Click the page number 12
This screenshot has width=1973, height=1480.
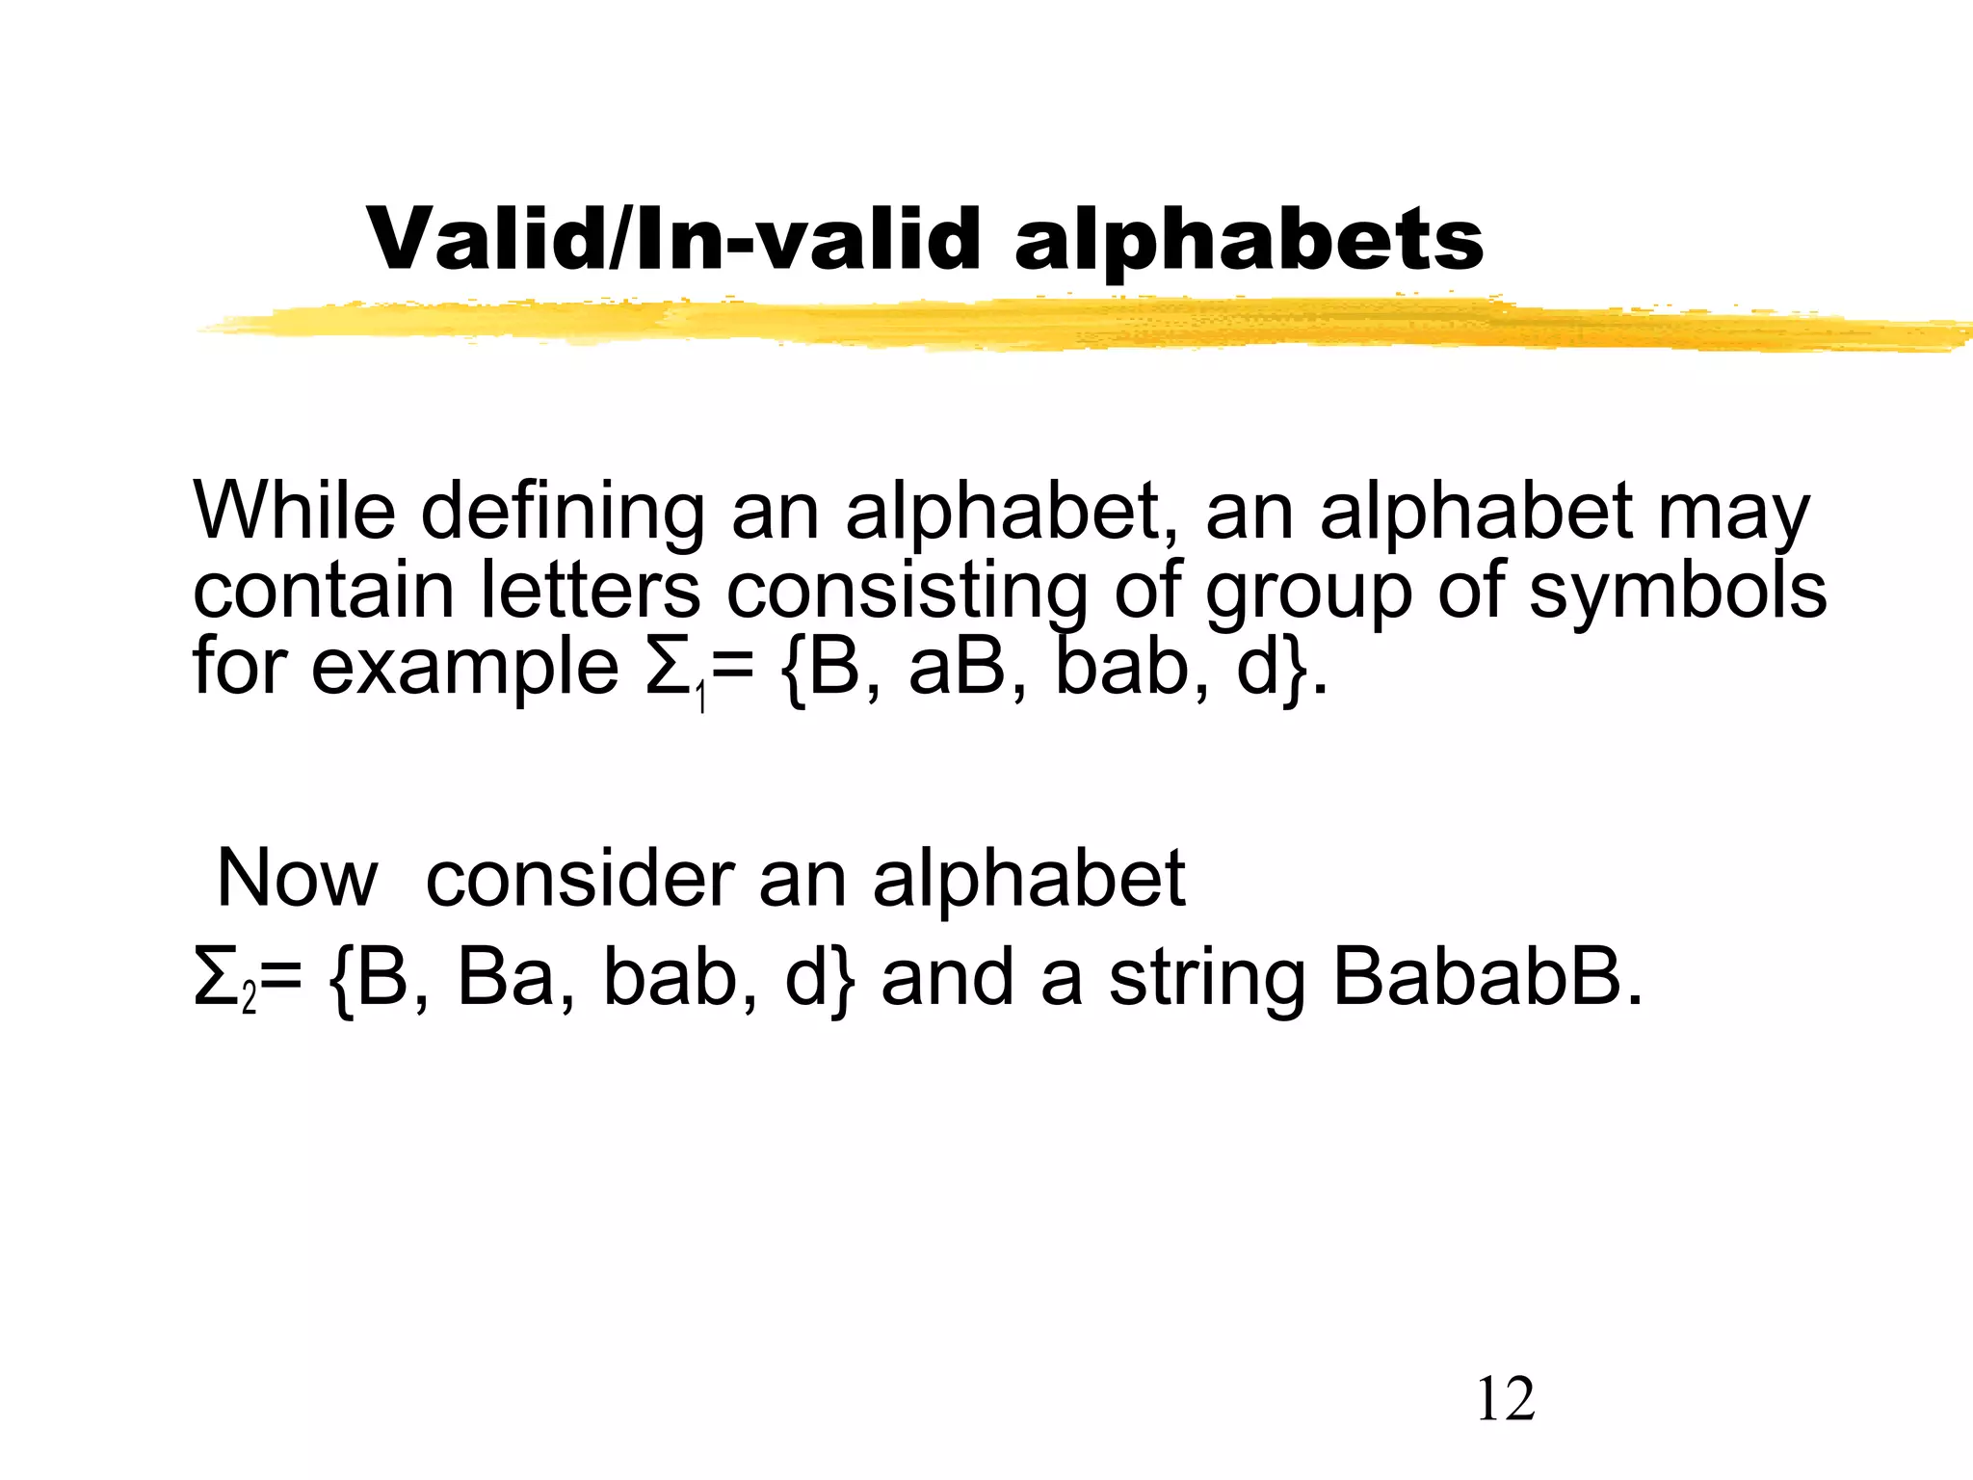[x=1505, y=1400]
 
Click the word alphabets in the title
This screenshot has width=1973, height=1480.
[x=1249, y=241]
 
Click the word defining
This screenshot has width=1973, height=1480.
[x=563, y=512]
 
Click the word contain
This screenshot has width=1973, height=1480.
[x=323, y=590]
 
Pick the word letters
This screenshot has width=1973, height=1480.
[x=590, y=590]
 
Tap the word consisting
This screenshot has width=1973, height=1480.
[x=908, y=592]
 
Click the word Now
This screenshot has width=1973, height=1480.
[x=297, y=879]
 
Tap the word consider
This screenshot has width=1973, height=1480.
[x=579, y=879]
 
